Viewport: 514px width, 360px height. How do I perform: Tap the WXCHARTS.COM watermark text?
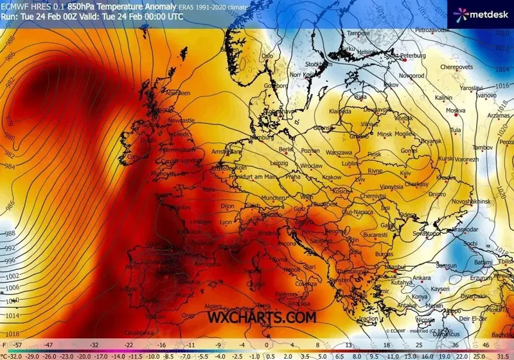[x=261, y=316]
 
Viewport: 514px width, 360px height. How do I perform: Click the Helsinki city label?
[x=369, y=52]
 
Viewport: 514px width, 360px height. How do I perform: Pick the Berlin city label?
[x=286, y=149]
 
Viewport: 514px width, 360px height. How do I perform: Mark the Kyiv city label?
[x=405, y=174]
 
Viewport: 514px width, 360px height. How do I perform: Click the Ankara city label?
[x=421, y=278]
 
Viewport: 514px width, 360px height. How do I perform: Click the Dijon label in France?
[x=229, y=206]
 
